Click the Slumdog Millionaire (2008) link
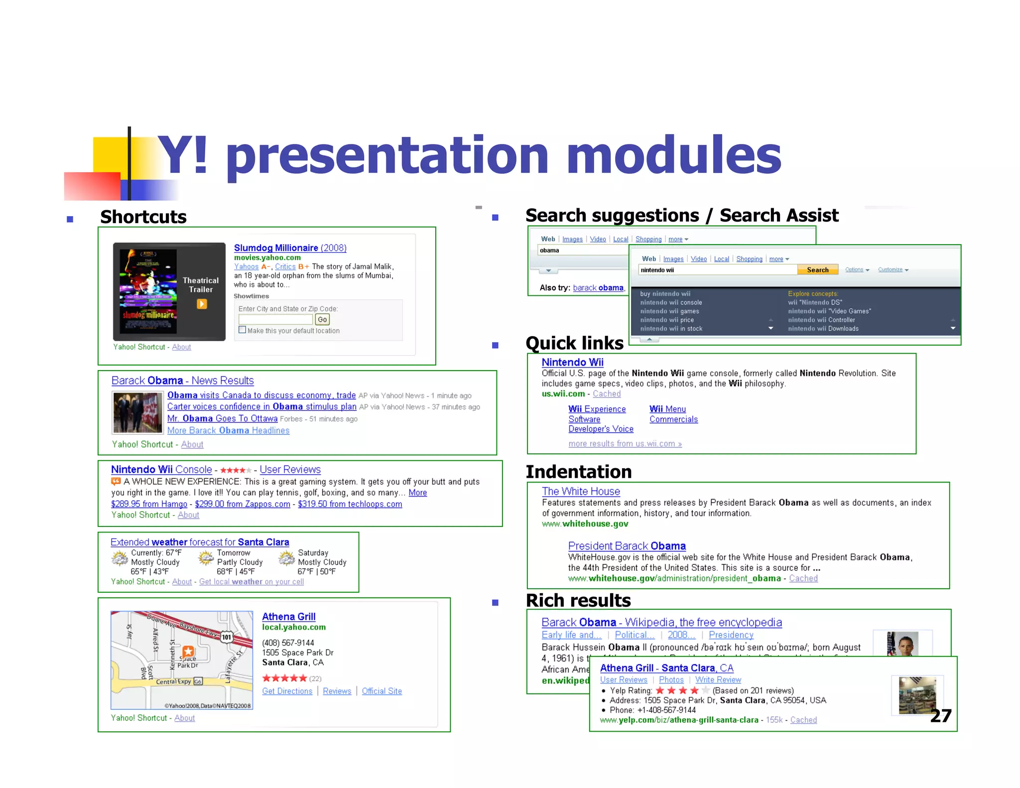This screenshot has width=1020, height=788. tap(290, 248)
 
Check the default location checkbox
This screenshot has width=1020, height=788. tap(243, 330)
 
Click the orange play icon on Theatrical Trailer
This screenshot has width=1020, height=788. tap(202, 304)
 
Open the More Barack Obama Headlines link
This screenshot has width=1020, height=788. tap(228, 430)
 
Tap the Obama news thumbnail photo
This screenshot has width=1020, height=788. tap(137, 412)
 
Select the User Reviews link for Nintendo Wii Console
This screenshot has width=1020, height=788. tap(290, 469)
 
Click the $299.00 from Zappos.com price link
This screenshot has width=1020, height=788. tap(243, 504)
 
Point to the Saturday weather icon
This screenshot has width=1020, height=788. tap(287, 558)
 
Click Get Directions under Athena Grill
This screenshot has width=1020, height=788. tap(287, 691)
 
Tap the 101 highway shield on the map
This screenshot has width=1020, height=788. tap(227, 637)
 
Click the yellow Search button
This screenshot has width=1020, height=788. tap(817, 270)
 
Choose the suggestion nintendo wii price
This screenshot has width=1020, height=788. tap(667, 320)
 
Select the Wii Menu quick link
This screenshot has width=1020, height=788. tap(667, 409)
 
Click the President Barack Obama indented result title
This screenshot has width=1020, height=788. tap(627, 546)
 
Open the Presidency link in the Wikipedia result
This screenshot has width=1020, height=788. tap(731, 635)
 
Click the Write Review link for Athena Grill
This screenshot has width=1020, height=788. tap(718, 680)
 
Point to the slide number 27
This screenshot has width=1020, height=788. tap(940, 716)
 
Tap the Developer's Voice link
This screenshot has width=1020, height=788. tap(601, 429)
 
